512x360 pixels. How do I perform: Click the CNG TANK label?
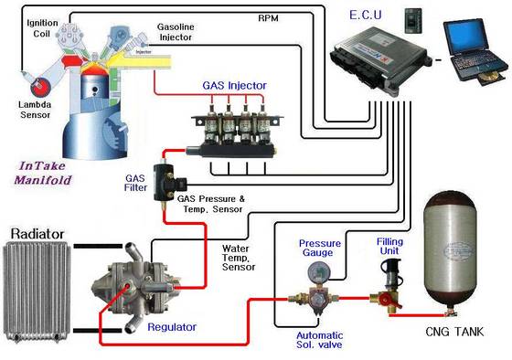tap(453, 332)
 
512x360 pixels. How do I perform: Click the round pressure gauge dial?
tap(318, 271)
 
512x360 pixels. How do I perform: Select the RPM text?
tap(270, 17)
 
